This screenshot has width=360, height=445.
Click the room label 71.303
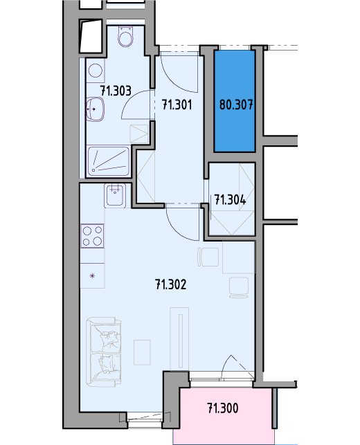116,91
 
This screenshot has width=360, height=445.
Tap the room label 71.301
177,105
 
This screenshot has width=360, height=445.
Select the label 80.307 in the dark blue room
236,105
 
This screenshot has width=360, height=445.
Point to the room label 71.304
230,200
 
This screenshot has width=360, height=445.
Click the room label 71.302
171,284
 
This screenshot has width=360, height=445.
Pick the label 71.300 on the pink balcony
223,408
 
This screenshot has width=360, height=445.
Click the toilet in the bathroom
125,36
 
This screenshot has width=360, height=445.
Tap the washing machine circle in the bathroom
96,71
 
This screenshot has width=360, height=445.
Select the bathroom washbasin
95,109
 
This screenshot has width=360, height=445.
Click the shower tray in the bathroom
108,162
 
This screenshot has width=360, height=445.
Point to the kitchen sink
115,196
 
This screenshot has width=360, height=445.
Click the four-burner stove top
92,236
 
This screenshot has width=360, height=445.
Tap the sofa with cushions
104,352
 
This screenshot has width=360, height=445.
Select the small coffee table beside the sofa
142,352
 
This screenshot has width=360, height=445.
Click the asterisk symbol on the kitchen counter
92,275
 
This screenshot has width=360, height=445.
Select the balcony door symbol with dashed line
237,366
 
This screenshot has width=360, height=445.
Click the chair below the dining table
239,288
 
